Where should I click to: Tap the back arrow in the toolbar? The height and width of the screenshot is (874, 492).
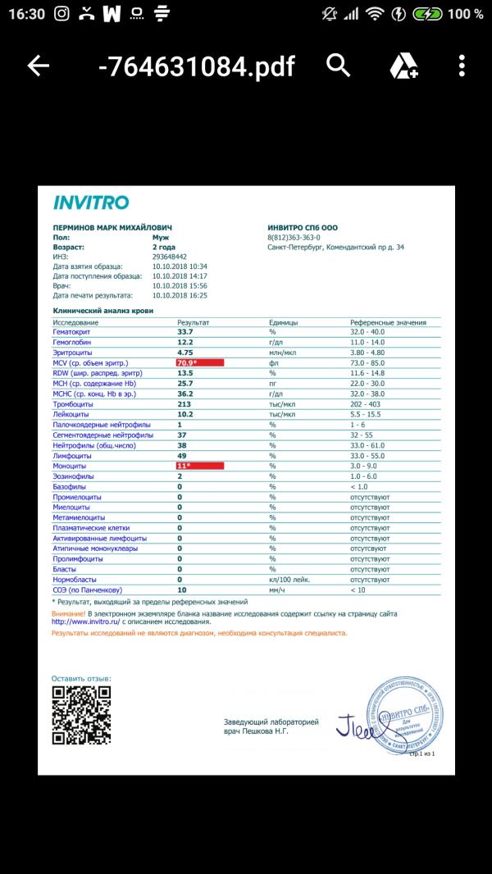39,66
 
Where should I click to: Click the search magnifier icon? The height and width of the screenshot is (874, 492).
338,66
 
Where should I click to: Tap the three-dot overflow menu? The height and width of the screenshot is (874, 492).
462,66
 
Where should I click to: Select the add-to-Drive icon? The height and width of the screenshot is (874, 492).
403,66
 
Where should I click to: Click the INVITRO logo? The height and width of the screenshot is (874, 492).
91,203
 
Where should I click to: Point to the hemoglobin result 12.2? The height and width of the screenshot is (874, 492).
185,342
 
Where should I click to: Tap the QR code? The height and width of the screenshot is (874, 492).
81,716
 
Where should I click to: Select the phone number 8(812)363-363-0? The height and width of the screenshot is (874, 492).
294,237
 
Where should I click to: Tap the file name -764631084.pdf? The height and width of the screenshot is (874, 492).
195,66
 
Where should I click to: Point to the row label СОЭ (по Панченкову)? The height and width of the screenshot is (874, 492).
87,589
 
